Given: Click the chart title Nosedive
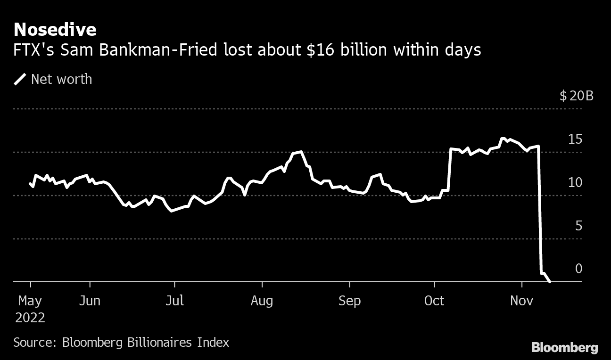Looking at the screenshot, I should point(55,30).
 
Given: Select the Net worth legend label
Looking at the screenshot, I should point(61,79).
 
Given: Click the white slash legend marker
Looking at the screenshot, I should point(20,79).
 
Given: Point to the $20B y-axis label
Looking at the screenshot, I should point(577,96).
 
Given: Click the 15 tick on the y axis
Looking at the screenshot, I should point(575,139).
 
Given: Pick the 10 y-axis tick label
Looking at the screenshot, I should point(575,183).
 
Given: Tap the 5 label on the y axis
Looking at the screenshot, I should point(578,226).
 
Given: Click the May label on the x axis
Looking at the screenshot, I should point(31,301).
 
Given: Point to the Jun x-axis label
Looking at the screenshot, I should point(90,301).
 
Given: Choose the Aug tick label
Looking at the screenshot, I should point(262,301).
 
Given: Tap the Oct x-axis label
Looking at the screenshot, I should point(434,301).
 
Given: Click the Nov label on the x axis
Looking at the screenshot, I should point(522,301).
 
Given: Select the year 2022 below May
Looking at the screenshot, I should point(31,318).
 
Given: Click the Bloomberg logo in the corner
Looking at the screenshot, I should point(564,348).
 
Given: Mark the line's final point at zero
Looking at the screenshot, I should point(550,282).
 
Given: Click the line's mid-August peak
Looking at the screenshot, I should point(301,152).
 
